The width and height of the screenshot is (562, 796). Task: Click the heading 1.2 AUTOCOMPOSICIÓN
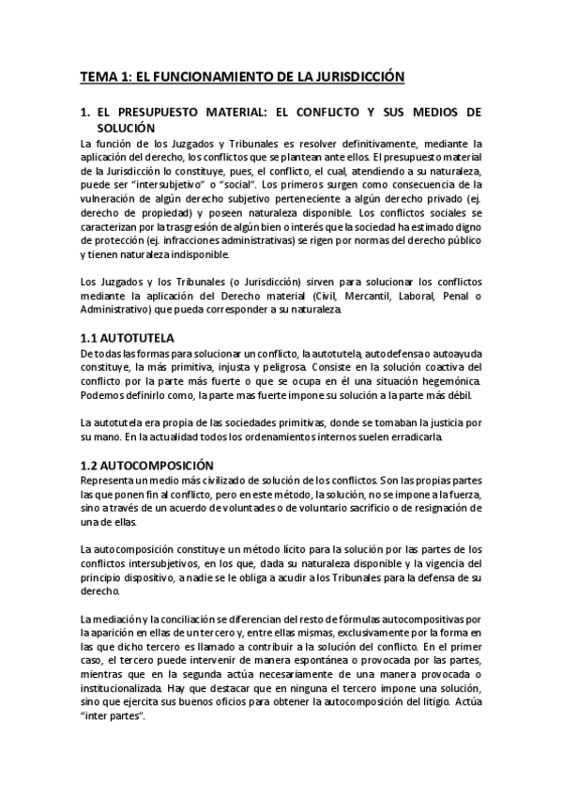(147, 466)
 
